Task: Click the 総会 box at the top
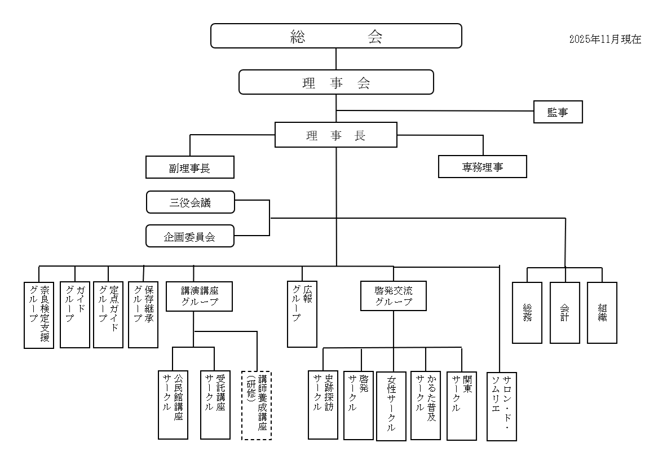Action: click(336, 36)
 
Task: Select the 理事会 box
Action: click(336, 82)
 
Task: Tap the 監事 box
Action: click(558, 113)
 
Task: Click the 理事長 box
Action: click(336, 136)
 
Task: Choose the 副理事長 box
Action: click(189, 167)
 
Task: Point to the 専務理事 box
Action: click(483, 167)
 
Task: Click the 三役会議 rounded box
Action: click(190, 202)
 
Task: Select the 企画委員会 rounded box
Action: click(190, 236)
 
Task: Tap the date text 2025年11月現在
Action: click(605, 39)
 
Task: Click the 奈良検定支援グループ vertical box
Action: click(39, 315)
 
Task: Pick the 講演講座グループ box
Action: click(199, 296)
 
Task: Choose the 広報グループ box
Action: click(302, 314)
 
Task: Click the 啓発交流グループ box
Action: click(394, 296)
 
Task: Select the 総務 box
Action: click(527, 312)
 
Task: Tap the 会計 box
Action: click(565, 312)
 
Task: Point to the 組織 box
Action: click(602, 312)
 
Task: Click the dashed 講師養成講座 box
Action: click(257, 405)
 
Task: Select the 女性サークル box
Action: click(391, 406)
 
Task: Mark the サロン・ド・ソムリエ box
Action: click(502, 406)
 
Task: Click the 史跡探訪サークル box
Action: click(323, 404)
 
